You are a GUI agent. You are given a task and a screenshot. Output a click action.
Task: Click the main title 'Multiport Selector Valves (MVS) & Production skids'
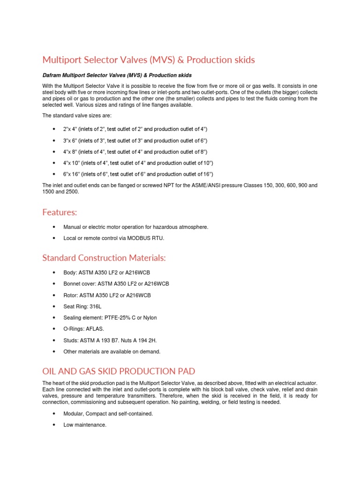click(149, 60)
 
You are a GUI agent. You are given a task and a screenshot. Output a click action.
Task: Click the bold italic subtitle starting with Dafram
click(117, 75)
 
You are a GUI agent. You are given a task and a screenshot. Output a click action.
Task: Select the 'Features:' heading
click(60, 212)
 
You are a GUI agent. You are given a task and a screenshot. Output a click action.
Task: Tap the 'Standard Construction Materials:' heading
click(104, 258)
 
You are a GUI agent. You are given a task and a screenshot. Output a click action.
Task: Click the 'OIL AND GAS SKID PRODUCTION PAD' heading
click(119, 371)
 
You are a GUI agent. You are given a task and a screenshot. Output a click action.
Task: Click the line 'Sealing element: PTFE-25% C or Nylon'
click(110, 318)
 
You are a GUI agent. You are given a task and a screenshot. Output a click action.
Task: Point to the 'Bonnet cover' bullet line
click(116, 284)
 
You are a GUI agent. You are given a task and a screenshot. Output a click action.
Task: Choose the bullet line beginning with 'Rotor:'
click(107, 295)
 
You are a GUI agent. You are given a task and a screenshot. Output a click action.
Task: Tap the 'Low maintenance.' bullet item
click(85, 425)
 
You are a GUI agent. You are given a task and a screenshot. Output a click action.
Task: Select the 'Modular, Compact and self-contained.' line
click(108, 414)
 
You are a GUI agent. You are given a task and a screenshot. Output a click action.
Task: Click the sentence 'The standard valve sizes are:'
click(77, 115)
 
